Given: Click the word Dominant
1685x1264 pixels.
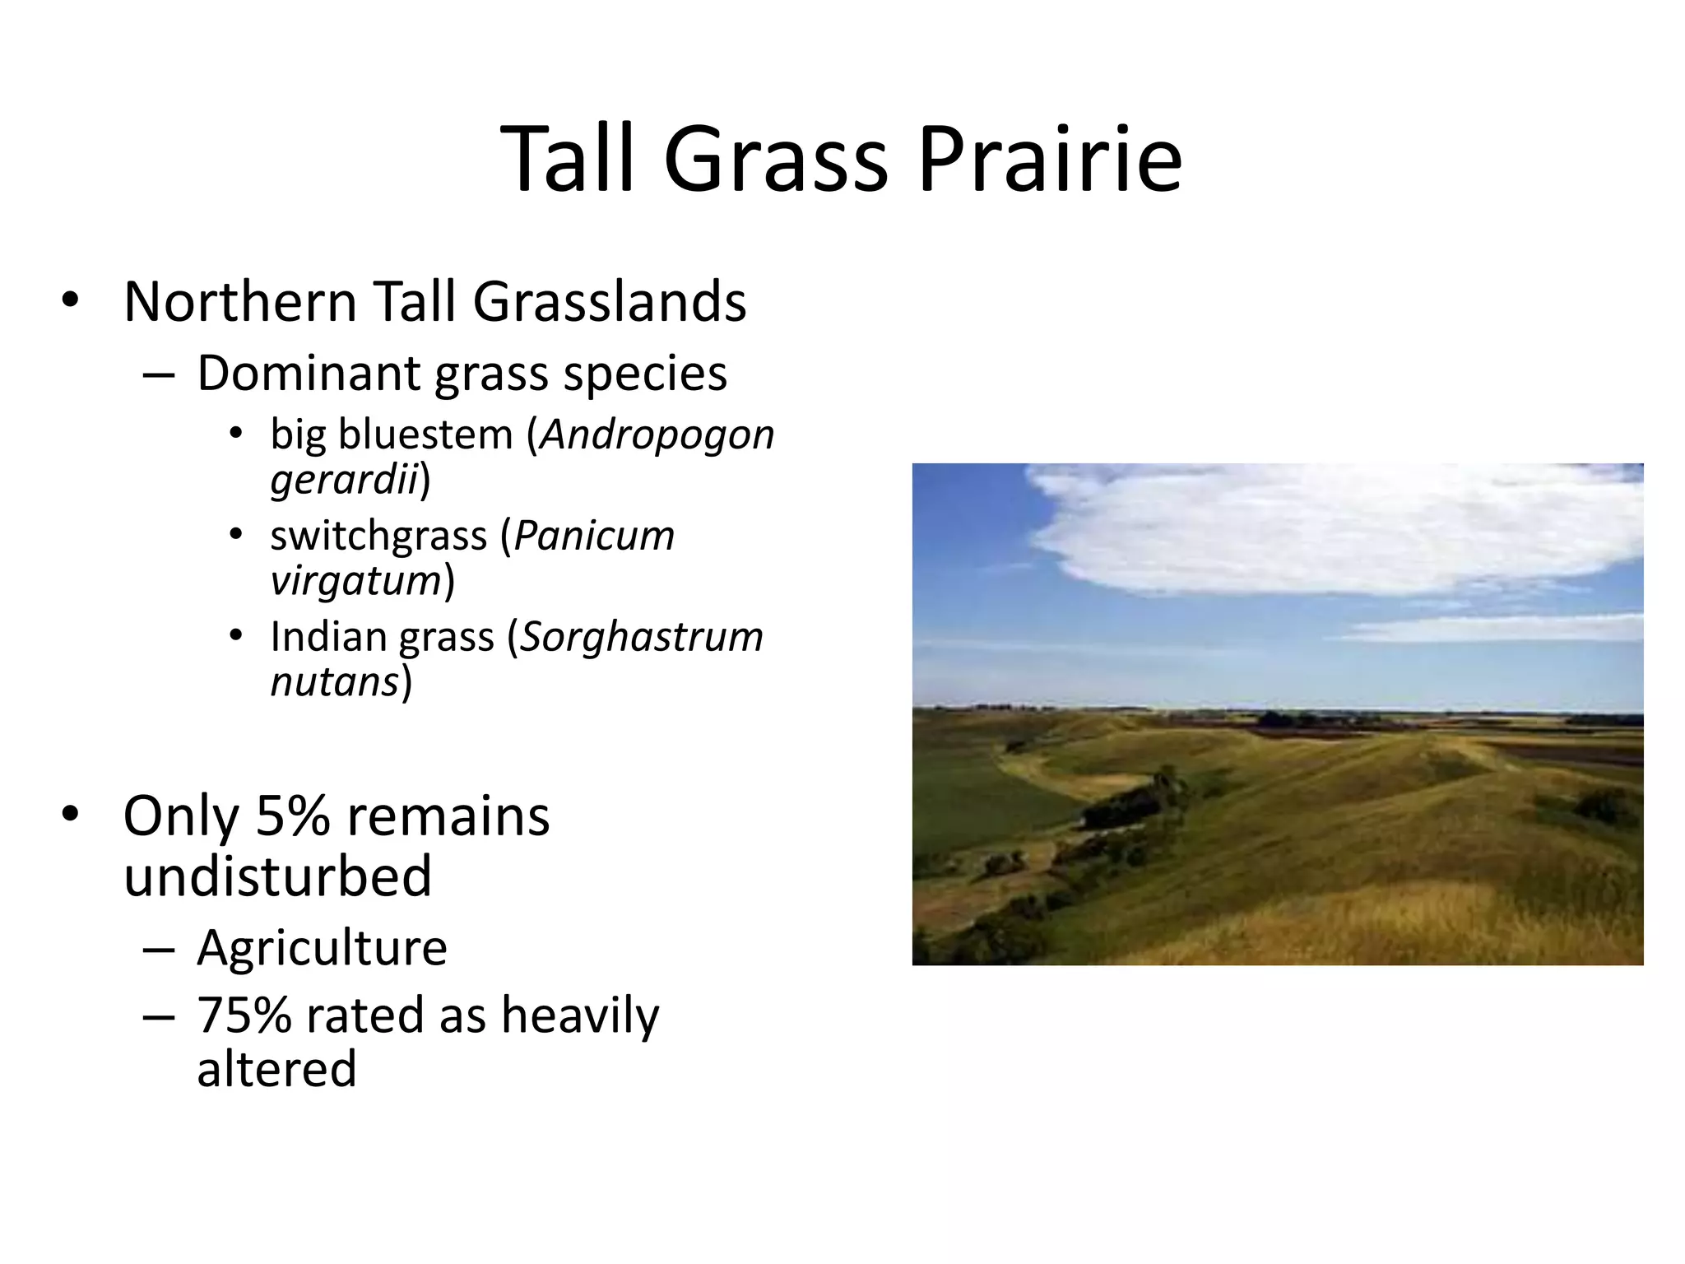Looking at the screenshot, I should [308, 373].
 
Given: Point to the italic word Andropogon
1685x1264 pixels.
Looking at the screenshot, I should [657, 434].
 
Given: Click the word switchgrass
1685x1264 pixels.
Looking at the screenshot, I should [378, 537].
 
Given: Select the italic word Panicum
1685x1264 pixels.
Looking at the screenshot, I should [594, 537].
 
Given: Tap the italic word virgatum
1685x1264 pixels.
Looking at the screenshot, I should [356, 581].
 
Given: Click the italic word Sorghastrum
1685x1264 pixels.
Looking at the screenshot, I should [642, 637].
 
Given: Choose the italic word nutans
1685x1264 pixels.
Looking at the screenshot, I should [335, 682].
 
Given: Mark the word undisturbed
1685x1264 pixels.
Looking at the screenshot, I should [277, 876].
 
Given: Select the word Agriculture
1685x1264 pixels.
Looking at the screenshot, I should [322, 948].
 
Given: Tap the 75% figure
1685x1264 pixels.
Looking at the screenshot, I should [244, 1015].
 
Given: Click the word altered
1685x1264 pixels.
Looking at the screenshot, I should [276, 1069].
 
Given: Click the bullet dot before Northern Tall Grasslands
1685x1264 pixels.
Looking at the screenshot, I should [70, 301].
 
